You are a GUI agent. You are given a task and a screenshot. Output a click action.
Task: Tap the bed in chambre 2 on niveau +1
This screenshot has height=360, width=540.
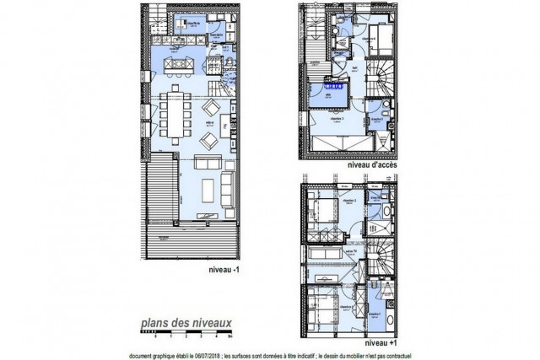(x=324, y=210)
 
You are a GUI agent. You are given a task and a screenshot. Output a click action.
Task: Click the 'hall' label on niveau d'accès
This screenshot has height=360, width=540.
(x=354, y=69)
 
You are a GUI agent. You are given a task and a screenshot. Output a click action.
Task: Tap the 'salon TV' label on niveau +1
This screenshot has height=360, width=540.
(x=348, y=250)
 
